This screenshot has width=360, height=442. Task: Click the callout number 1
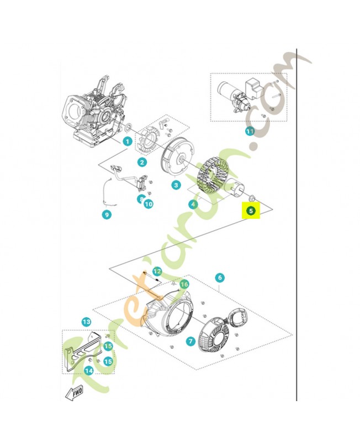click(x=128, y=141)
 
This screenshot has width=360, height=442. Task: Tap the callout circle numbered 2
click(x=142, y=162)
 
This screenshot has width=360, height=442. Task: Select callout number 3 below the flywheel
click(x=176, y=185)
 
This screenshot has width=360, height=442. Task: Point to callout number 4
click(x=193, y=204)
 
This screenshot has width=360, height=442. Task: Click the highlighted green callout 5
click(x=251, y=211)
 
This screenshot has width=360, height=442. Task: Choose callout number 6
click(x=220, y=277)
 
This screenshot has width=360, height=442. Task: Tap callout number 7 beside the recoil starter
click(x=190, y=341)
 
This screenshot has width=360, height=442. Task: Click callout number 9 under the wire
click(x=107, y=215)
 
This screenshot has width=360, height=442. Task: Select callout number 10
click(x=149, y=204)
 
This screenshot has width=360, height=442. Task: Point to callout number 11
click(x=250, y=131)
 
